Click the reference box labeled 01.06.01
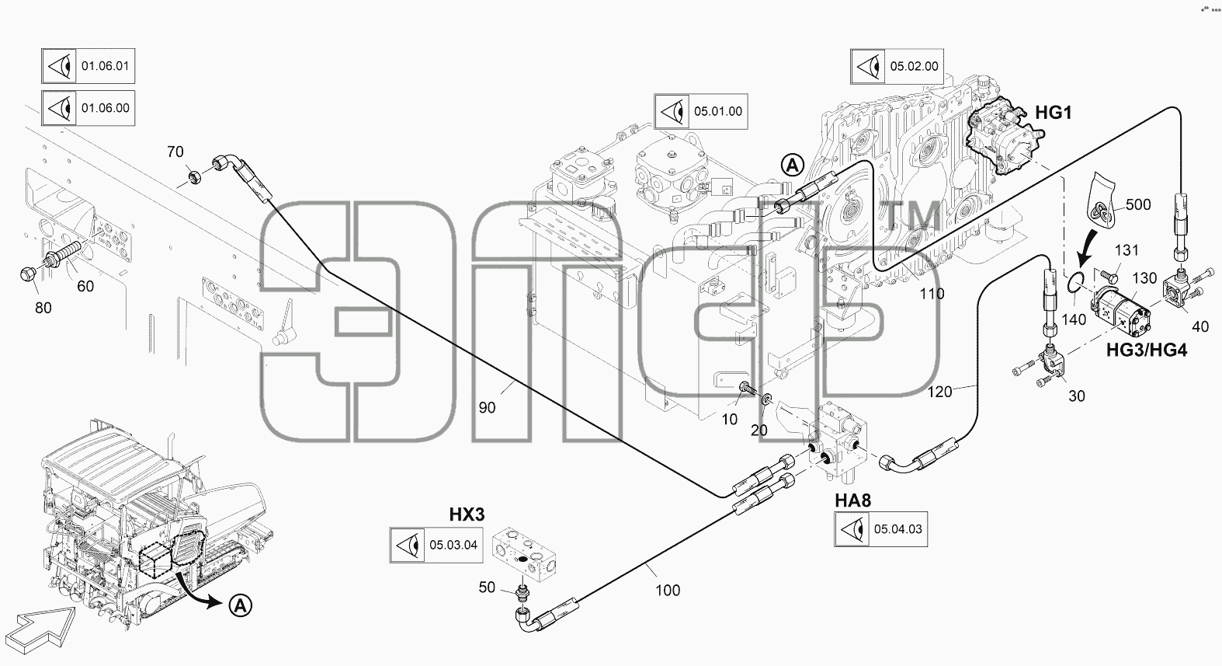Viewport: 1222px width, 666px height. [x=88, y=66]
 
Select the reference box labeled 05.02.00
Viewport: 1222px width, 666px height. [x=897, y=67]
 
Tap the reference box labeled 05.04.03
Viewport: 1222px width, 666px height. [x=880, y=529]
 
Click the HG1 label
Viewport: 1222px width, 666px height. [x=1054, y=113]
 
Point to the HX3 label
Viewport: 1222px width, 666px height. [x=467, y=514]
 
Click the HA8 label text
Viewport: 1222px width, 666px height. [x=852, y=500]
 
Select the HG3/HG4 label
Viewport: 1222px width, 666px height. [x=1147, y=350]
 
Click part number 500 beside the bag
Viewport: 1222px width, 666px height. [x=1138, y=204]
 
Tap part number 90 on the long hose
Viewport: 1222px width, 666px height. [x=487, y=407]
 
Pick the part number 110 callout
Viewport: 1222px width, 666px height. [x=932, y=294]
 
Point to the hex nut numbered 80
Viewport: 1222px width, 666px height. [x=28, y=274]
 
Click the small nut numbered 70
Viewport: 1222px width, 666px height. [x=194, y=176]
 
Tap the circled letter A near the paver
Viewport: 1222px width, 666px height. [x=241, y=605]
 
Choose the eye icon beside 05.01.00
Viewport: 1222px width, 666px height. [x=672, y=112]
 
